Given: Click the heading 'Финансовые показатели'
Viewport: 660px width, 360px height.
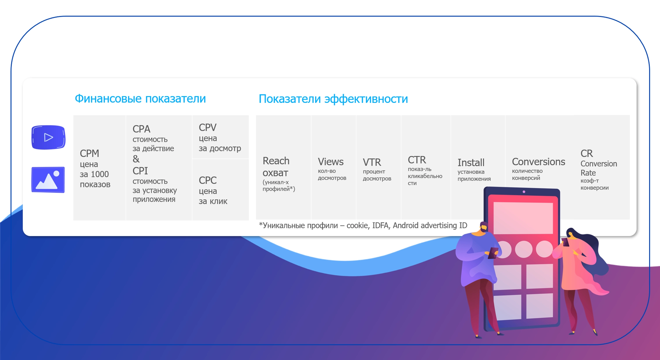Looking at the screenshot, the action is point(140,99).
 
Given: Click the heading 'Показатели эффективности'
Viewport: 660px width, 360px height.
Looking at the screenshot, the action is point(333,99).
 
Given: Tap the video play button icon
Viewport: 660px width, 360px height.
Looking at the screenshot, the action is point(48,137).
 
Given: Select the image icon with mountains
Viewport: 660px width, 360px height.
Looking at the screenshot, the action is point(48,180).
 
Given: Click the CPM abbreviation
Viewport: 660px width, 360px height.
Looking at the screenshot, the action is point(90,153).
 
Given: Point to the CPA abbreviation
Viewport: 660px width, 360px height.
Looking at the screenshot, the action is point(141,129).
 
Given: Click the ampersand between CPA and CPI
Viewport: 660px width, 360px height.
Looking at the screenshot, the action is point(136,159).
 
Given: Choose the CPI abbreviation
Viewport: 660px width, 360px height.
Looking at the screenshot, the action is point(140,171).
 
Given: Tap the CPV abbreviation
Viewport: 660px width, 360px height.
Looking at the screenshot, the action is point(208,127).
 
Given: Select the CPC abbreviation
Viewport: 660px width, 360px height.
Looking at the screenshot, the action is point(208,180).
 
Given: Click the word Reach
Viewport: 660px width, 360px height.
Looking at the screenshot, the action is point(276,161).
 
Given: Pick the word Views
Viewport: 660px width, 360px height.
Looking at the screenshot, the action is point(331,162).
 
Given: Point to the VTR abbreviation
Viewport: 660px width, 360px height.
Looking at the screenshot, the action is point(372,162).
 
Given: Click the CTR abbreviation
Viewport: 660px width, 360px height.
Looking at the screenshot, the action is point(417,160).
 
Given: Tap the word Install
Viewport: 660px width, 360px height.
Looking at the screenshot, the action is point(471,162).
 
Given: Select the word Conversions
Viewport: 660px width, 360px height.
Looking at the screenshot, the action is point(538,162).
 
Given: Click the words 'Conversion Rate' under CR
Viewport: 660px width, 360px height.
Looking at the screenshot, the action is point(599,168).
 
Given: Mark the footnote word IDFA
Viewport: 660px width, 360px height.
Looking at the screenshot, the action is point(380,225).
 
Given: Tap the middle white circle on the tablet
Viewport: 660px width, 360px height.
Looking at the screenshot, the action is point(524,249).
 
